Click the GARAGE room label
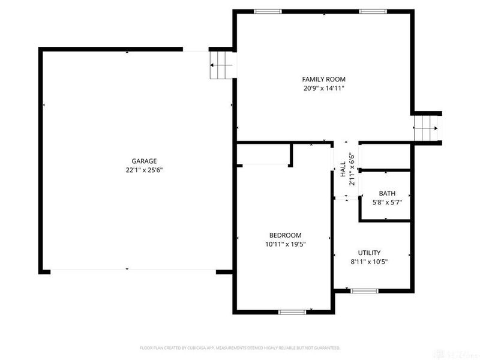point(144,161)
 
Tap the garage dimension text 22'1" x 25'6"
point(144,170)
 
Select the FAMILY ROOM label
point(323,79)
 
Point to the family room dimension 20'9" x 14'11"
point(323,88)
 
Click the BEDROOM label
point(284,235)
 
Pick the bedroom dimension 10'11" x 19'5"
point(284,244)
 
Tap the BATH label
point(387,193)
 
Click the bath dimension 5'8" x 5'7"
point(387,202)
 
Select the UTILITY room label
point(369,253)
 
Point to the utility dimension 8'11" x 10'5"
point(369,262)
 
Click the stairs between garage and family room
point(220,65)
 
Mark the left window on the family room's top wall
point(268,11)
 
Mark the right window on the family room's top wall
point(373,11)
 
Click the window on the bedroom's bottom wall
point(292,311)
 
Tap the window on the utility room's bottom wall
point(364,291)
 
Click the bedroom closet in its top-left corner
point(263,154)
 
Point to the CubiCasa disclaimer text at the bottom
point(240,347)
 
